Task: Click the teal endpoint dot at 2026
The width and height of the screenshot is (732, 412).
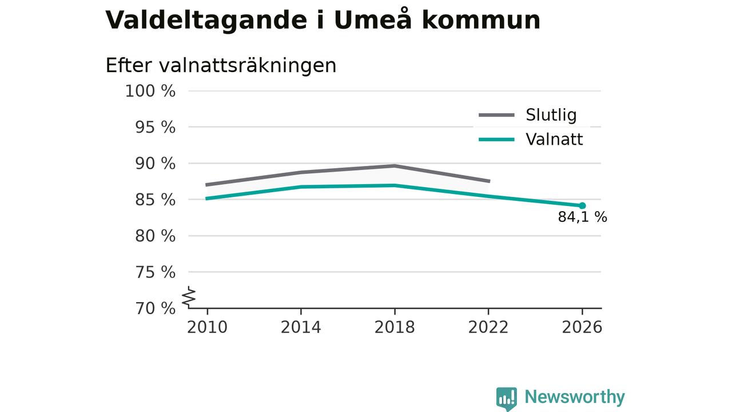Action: coord(582,205)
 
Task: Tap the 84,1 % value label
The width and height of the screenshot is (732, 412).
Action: coord(582,217)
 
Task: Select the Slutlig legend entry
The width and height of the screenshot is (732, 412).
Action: coord(528,115)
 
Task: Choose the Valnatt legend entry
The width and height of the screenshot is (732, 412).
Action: coord(531,139)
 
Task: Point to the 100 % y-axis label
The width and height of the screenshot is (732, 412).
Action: coord(150,91)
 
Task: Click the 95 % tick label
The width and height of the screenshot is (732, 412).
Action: coord(155,127)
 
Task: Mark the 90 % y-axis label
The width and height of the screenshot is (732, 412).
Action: coord(155,164)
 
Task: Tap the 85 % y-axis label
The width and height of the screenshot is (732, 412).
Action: coord(155,200)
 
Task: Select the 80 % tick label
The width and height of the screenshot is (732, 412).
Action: coord(155,236)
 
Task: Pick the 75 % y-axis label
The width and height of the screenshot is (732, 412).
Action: coord(155,272)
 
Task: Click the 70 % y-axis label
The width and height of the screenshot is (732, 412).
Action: coord(155,308)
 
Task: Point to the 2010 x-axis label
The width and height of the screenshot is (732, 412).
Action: coord(207,327)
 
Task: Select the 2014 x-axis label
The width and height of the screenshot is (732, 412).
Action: coord(301,327)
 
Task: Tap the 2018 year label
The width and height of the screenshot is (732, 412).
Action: coord(395,327)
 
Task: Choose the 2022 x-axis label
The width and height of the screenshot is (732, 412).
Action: coord(488,327)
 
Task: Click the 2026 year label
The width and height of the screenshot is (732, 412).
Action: coord(582,327)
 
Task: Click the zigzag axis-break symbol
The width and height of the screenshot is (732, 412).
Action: coord(189,297)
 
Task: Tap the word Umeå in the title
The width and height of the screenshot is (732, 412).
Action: coord(372,20)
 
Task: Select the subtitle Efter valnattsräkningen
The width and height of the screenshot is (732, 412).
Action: coord(221,65)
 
